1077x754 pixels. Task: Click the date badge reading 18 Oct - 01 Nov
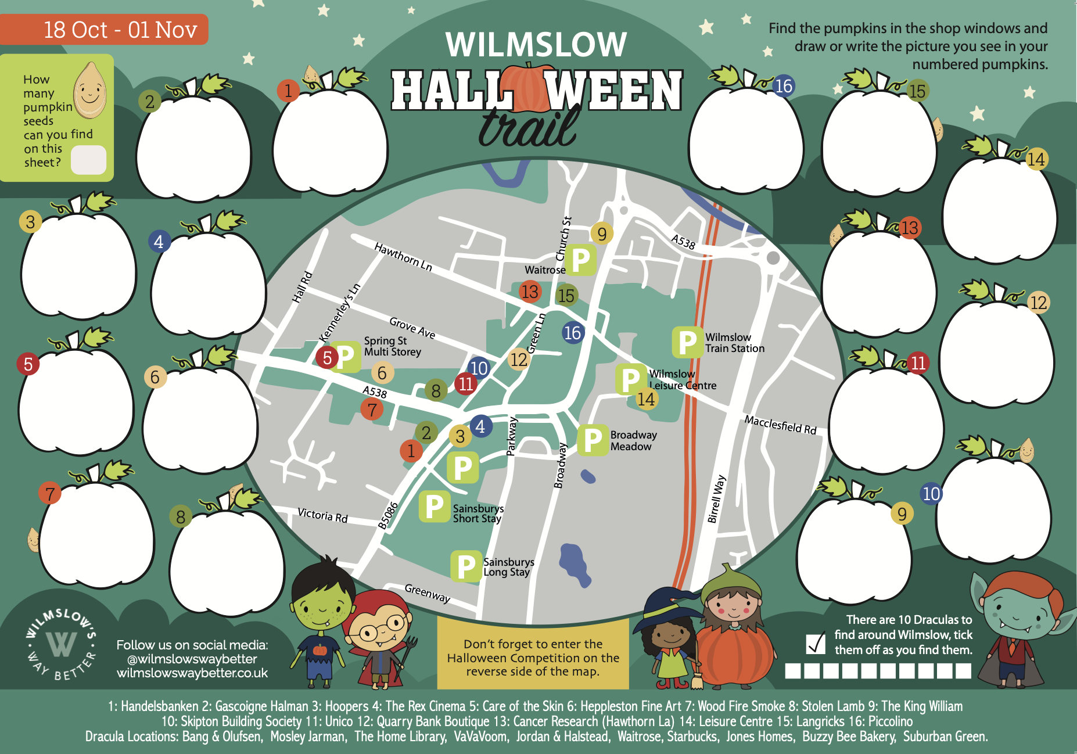click(x=105, y=30)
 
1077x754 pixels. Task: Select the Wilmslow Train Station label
click(x=734, y=343)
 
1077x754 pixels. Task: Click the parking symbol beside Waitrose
click(x=580, y=260)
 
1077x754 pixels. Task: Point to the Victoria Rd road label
click(x=322, y=515)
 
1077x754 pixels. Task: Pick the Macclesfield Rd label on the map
click(x=780, y=425)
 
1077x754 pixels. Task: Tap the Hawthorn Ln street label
click(x=403, y=257)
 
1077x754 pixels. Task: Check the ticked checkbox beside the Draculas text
click(x=816, y=643)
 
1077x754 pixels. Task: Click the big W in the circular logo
click(x=61, y=644)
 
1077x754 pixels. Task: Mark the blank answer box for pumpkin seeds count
click(x=88, y=160)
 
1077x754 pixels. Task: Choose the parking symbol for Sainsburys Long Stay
click(x=466, y=566)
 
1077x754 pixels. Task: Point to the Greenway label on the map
click(x=428, y=593)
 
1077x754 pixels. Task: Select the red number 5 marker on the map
click(x=327, y=357)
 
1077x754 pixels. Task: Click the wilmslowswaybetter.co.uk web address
click(x=192, y=673)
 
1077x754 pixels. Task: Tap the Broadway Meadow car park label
click(x=633, y=440)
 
